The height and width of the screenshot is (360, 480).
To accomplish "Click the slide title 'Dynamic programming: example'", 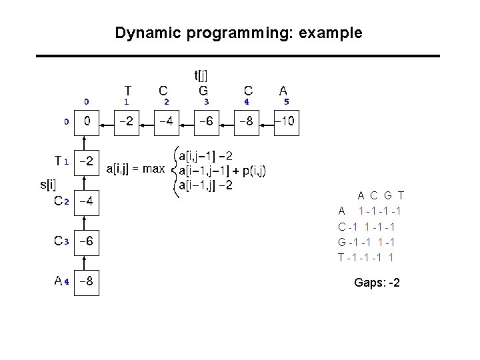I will (x=239, y=33).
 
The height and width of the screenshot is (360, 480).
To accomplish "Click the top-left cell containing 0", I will (x=87, y=123).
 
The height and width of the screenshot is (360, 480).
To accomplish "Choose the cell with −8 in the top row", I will (x=247, y=123).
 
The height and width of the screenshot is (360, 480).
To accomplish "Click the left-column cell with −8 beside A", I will (x=87, y=283).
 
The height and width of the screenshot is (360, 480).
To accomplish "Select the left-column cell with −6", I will (x=87, y=242).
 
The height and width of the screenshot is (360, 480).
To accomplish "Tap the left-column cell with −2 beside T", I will (x=87, y=162).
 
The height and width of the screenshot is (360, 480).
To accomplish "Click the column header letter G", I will (x=203, y=90).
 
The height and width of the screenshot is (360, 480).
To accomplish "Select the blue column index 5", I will (x=286, y=102).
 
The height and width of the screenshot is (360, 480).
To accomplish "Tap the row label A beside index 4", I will (x=59, y=281).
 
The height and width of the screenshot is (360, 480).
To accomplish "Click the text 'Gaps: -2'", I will (x=377, y=283).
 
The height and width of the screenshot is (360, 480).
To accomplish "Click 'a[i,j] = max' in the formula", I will (x=135, y=169).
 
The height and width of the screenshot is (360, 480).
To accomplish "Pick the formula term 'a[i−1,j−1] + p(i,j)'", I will (x=222, y=171).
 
